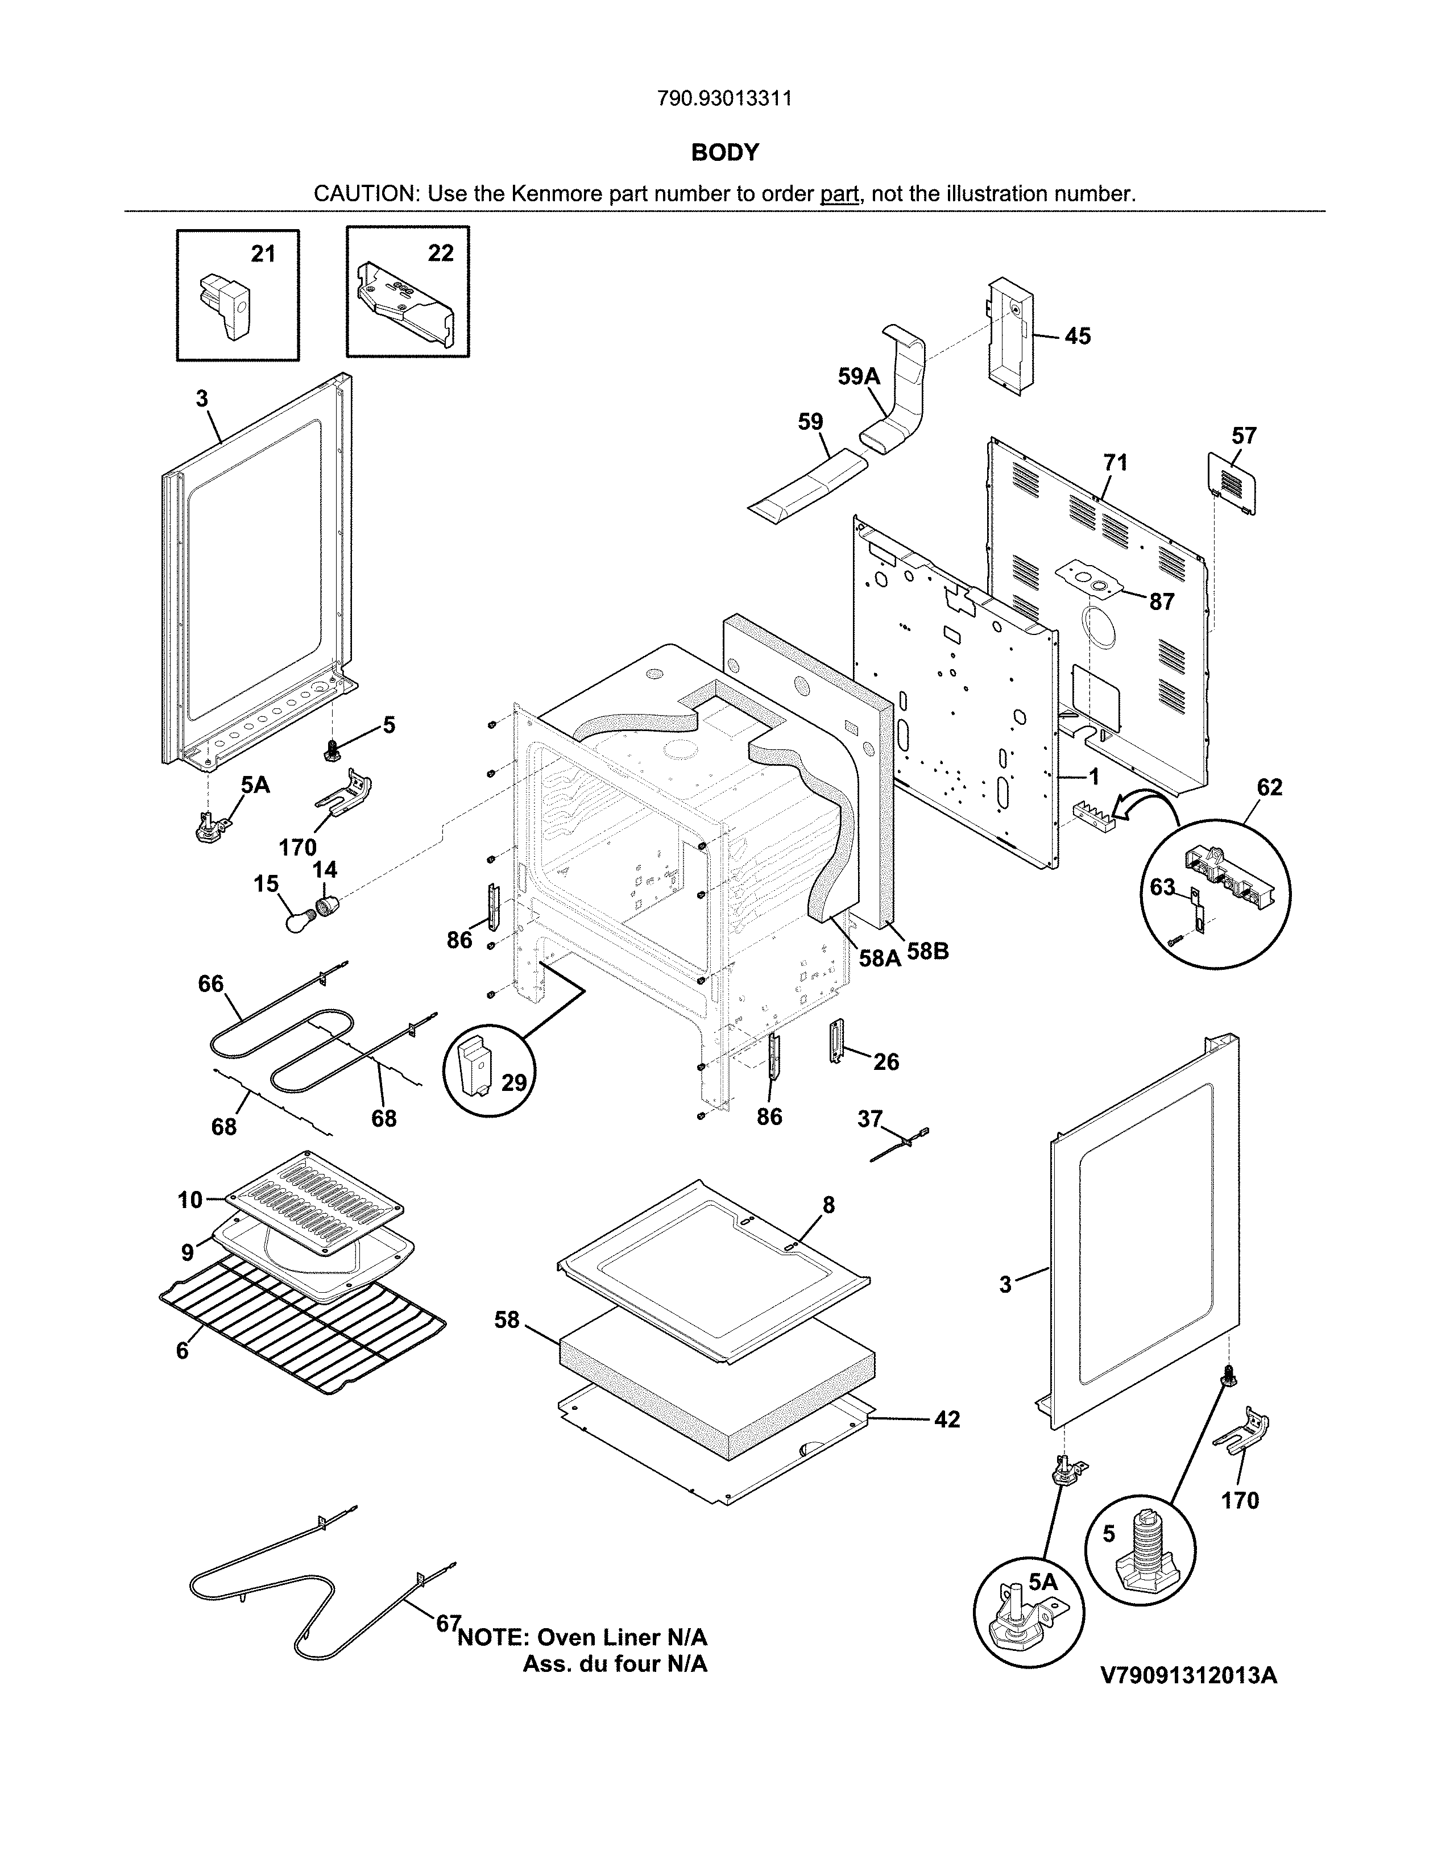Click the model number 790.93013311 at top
click(724, 99)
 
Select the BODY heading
click(724, 153)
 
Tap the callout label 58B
click(928, 952)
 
